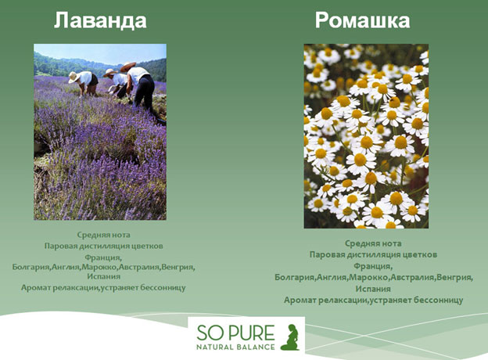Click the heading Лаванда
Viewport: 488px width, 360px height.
click(100, 21)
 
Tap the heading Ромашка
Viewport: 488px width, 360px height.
click(362, 20)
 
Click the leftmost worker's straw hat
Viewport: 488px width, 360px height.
click(74, 77)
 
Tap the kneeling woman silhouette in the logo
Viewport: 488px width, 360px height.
click(290, 337)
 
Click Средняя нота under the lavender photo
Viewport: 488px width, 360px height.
click(103, 235)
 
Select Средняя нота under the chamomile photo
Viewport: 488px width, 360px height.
click(373, 243)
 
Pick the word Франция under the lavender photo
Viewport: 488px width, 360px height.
click(103, 257)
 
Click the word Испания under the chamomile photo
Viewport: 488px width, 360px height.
click(373, 289)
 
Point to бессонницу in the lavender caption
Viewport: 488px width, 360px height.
click(163, 287)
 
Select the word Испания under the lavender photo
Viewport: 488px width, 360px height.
click(103, 276)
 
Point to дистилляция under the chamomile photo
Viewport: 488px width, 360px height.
click(374, 255)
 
